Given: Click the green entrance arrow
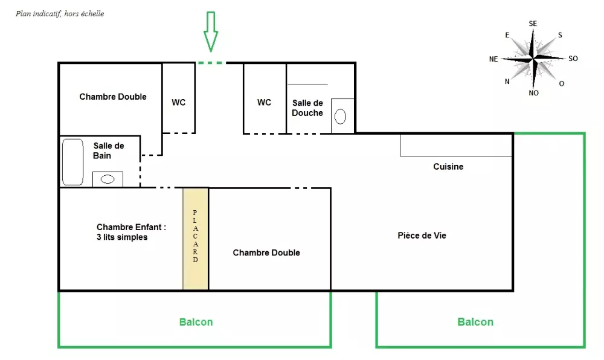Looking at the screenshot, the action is click(211, 31).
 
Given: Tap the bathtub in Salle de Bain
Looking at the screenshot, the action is click(73, 162).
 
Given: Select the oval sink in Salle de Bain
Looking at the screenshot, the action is click(108, 179).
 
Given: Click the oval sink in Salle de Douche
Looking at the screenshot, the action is click(340, 117).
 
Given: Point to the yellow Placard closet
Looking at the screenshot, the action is click(196, 239).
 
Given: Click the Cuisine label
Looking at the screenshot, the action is click(448, 167).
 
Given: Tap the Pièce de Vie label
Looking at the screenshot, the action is click(422, 235).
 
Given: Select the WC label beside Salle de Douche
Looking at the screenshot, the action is click(265, 103).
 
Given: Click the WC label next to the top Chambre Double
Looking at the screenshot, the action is click(178, 103).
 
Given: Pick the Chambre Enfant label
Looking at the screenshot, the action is click(131, 232).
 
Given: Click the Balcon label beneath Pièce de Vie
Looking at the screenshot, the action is click(475, 322).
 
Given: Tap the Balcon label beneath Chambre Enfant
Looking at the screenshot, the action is click(196, 322).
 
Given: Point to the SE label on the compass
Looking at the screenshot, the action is click(533, 24).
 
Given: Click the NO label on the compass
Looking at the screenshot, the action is click(533, 93).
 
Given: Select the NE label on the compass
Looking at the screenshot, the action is click(493, 59).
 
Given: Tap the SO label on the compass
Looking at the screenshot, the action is click(573, 59).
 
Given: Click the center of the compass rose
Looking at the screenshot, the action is click(533, 59).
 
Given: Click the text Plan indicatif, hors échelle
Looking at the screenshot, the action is click(60, 14).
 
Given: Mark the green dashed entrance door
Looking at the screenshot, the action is click(210, 62).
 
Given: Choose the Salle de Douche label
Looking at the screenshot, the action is click(307, 108).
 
